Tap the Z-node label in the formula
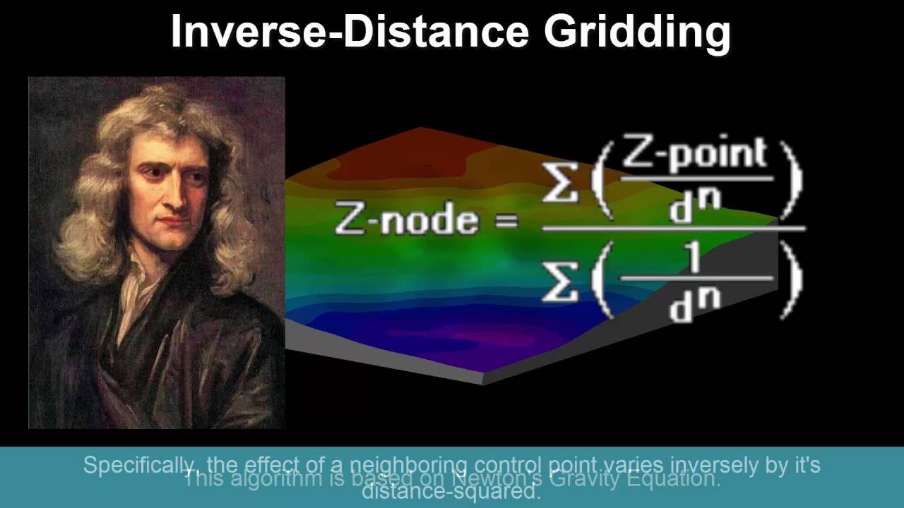(x=406, y=219)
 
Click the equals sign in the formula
(x=507, y=221)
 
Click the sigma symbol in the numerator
(x=560, y=181)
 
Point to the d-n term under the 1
(x=696, y=305)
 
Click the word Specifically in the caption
(x=133, y=465)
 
